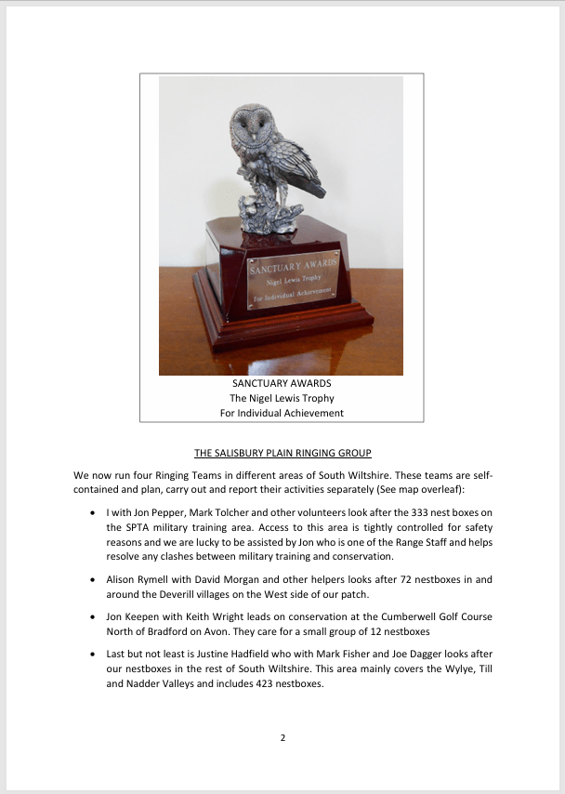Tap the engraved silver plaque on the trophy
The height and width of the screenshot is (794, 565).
pos(293,278)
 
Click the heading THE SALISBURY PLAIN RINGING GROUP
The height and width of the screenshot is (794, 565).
pos(282,454)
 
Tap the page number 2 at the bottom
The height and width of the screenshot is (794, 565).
pos(282,738)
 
